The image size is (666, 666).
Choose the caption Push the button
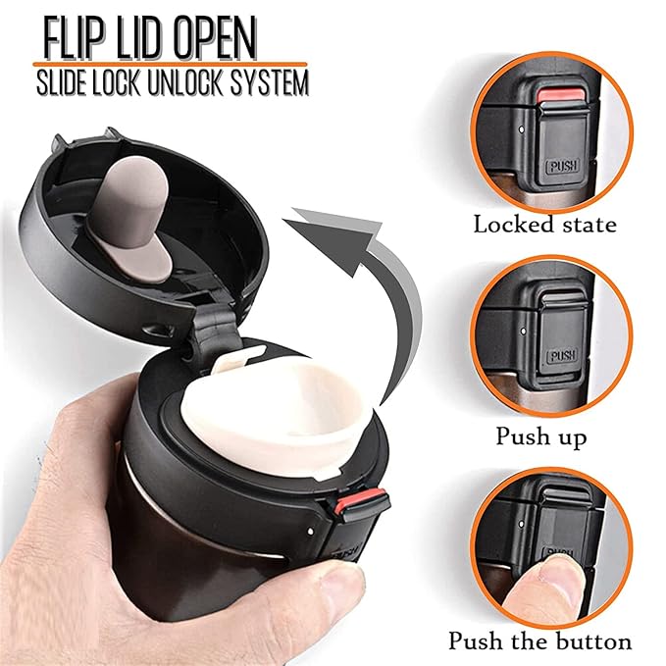[x=540, y=642]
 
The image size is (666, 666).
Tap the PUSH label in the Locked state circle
[x=561, y=167]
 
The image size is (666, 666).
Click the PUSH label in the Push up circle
[x=561, y=356]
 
